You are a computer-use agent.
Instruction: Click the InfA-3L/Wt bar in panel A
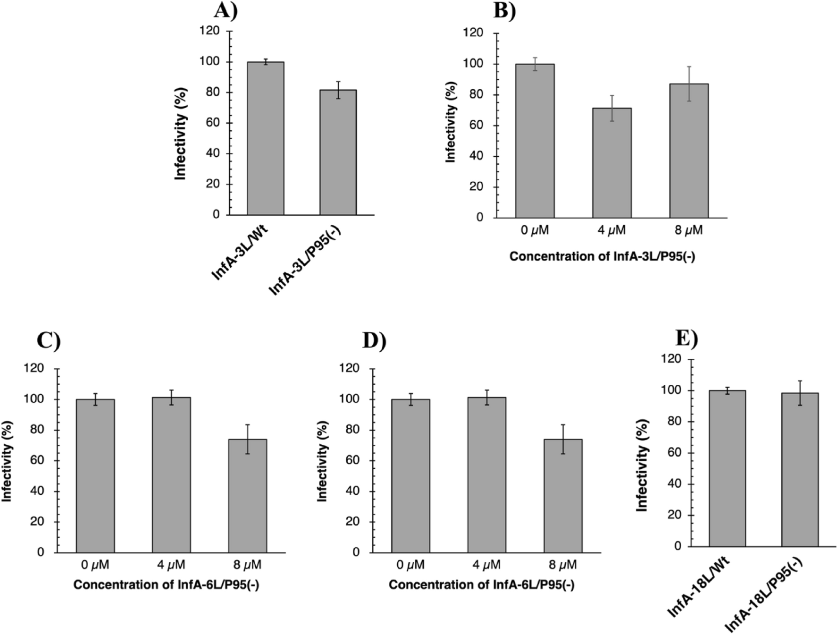(x=265, y=138)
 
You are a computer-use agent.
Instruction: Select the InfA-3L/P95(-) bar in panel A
(x=338, y=152)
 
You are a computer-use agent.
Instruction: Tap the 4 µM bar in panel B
(x=612, y=163)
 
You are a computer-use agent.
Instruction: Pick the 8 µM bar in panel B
(x=688, y=151)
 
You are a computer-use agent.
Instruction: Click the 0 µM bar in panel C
(x=95, y=476)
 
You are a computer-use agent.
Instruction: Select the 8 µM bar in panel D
(x=563, y=496)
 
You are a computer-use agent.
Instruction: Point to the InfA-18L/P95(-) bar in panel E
(x=800, y=470)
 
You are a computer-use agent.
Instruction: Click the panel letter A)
(x=226, y=10)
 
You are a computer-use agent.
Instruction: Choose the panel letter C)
(x=49, y=340)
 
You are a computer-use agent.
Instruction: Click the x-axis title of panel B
(x=602, y=256)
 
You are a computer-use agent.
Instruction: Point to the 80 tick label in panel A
(x=213, y=92)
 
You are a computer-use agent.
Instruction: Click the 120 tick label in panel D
(x=349, y=368)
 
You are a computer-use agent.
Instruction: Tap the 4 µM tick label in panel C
(x=171, y=565)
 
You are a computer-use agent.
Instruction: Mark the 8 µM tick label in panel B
(x=688, y=230)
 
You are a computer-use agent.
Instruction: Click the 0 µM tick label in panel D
(x=410, y=565)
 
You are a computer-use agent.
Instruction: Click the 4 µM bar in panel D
(x=486, y=474)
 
